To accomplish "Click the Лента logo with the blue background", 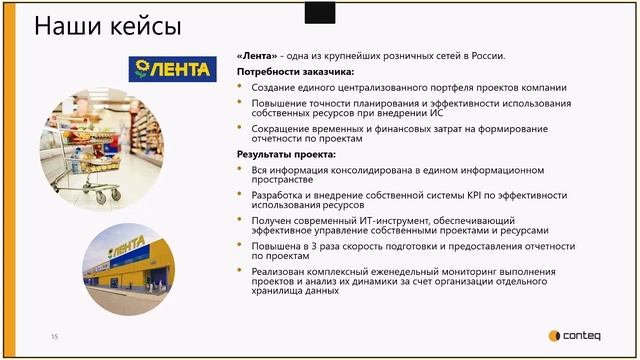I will pyautogui.click(x=172, y=69).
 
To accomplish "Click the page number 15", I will pyautogui.click(x=55, y=336).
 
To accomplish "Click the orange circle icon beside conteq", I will pyautogui.click(x=555, y=336).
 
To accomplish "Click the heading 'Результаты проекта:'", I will pyautogui.click(x=285, y=155).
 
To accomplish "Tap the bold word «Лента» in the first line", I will pyautogui.click(x=257, y=55).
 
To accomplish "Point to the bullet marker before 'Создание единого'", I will pyautogui.click(x=241, y=88).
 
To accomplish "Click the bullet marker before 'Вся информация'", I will pyautogui.click(x=241, y=171).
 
